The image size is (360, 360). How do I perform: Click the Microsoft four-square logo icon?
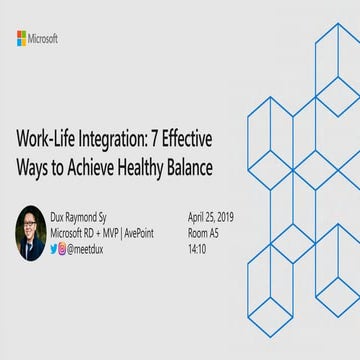22,38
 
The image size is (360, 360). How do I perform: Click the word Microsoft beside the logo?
44,38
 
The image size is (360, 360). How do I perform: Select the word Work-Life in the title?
45,140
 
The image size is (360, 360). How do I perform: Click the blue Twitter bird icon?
54,249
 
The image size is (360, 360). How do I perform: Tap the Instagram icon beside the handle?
63,249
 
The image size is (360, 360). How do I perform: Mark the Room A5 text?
200,233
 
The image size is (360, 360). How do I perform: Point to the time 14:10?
196,249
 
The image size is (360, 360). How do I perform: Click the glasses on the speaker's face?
30,224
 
